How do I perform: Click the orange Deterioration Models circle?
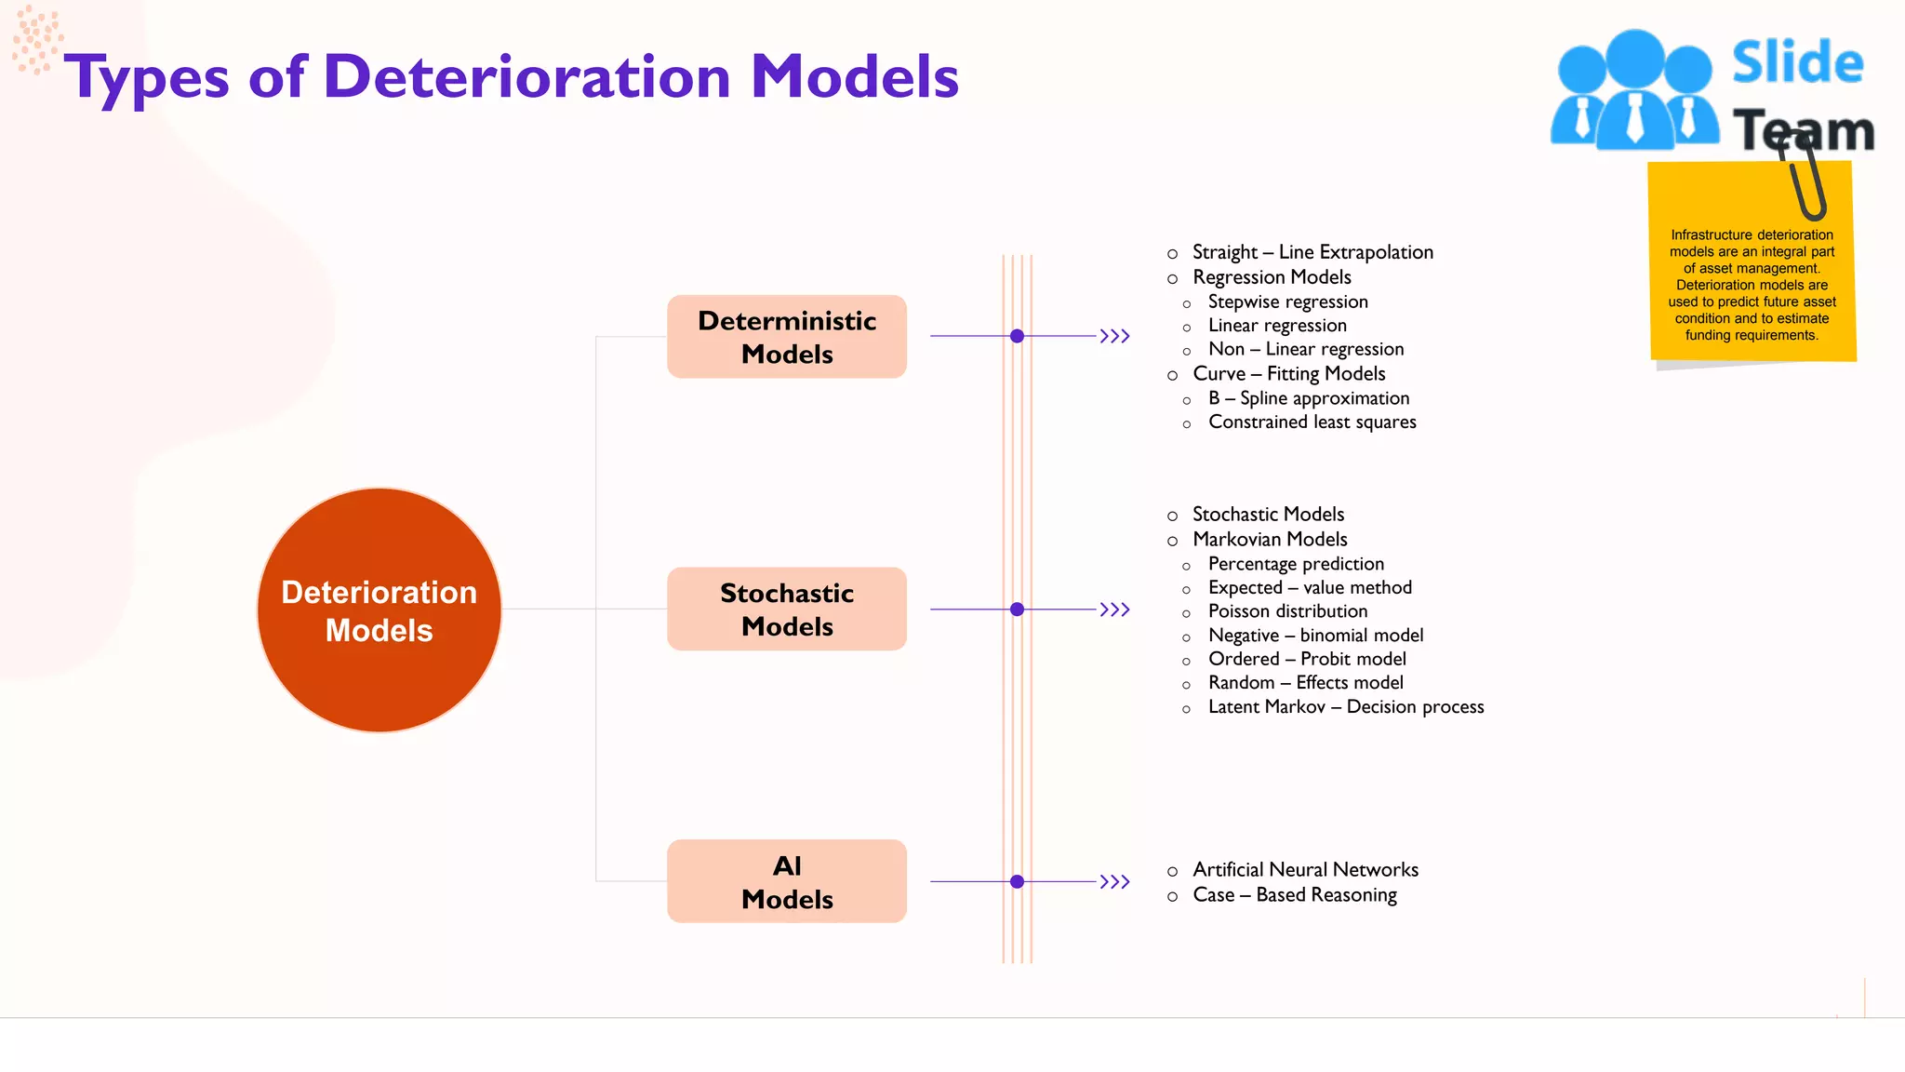pyautogui.click(x=379, y=610)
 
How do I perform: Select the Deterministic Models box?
pyautogui.click(x=787, y=337)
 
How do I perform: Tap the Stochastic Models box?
pyautogui.click(x=787, y=610)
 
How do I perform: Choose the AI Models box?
pyautogui.click(x=787, y=881)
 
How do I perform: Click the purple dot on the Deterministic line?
pyautogui.click(x=1017, y=336)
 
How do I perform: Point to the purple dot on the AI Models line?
pyautogui.click(x=1017, y=881)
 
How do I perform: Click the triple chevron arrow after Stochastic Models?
pyautogui.click(x=1114, y=610)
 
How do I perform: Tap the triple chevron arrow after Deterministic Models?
pyautogui.click(x=1114, y=336)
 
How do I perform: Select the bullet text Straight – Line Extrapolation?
pyautogui.click(x=1312, y=252)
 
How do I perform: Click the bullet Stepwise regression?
pyautogui.click(x=1287, y=301)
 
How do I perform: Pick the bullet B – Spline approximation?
pyautogui.click(x=1308, y=398)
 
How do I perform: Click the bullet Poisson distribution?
pyautogui.click(x=1287, y=611)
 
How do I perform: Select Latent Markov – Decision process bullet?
pyautogui.click(x=1345, y=707)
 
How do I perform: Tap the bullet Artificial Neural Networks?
pyautogui.click(x=1305, y=870)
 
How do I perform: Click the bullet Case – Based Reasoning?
pyautogui.click(x=1294, y=895)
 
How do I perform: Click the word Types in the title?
pyautogui.click(x=146, y=78)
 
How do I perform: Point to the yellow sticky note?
pyautogui.click(x=1751, y=279)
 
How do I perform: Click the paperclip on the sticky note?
pyautogui.click(x=1805, y=177)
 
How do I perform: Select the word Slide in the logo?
pyautogui.click(x=1797, y=63)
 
